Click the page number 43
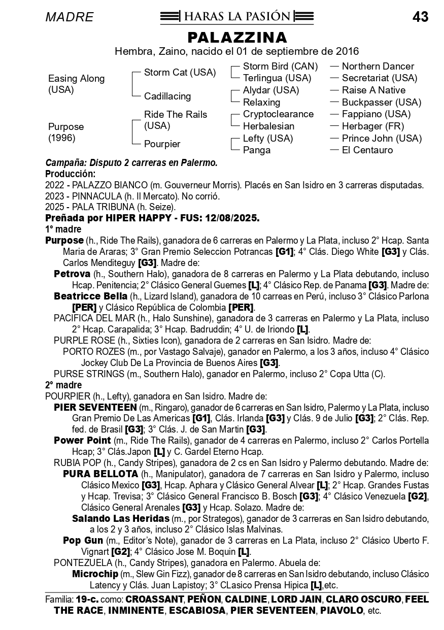[420, 17]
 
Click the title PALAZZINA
[237, 38]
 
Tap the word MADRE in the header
[70, 17]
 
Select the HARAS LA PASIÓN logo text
[237, 17]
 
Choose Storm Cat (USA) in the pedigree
[180, 73]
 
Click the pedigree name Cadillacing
[167, 96]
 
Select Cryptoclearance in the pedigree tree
[278, 114]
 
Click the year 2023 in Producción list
[55, 196]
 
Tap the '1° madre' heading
[63, 229]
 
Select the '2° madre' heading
[63, 385]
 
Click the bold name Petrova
[72, 274]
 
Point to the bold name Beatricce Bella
[90, 296]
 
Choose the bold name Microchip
[95, 574]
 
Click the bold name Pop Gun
[83, 541]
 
